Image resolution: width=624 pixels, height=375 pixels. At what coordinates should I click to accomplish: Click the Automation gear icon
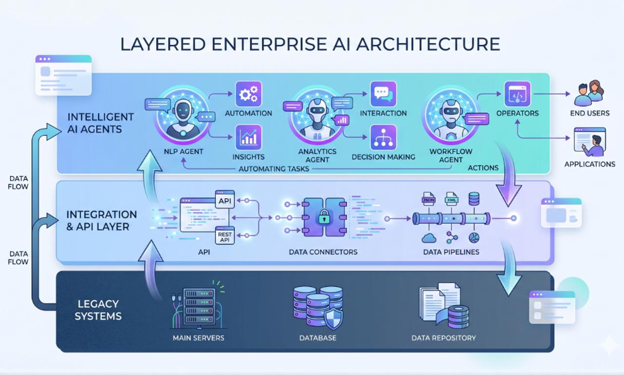point(249,94)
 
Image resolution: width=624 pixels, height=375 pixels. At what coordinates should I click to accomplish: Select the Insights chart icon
point(249,137)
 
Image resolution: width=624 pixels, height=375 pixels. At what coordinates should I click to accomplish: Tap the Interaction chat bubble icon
point(383,94)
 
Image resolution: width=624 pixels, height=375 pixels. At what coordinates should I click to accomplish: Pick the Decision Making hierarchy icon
point(383,137)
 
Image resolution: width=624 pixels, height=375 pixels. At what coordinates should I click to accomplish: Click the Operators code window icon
point(517,94)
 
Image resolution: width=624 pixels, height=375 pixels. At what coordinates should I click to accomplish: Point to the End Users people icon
point(589,93)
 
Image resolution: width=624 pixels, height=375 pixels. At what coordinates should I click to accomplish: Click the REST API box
point(225,235)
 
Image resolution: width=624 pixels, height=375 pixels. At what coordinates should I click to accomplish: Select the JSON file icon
point(429,199)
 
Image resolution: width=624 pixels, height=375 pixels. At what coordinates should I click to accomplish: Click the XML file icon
point(451,199)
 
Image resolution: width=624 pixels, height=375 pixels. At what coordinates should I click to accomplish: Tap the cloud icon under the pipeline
point(429,238)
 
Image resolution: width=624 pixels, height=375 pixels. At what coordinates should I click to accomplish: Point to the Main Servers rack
point(199,307)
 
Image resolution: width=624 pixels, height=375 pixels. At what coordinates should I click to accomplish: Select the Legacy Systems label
point(99,310)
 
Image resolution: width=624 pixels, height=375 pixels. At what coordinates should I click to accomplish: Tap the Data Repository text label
point(444,338)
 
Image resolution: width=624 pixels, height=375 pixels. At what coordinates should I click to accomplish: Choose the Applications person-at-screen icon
point(590,142)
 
